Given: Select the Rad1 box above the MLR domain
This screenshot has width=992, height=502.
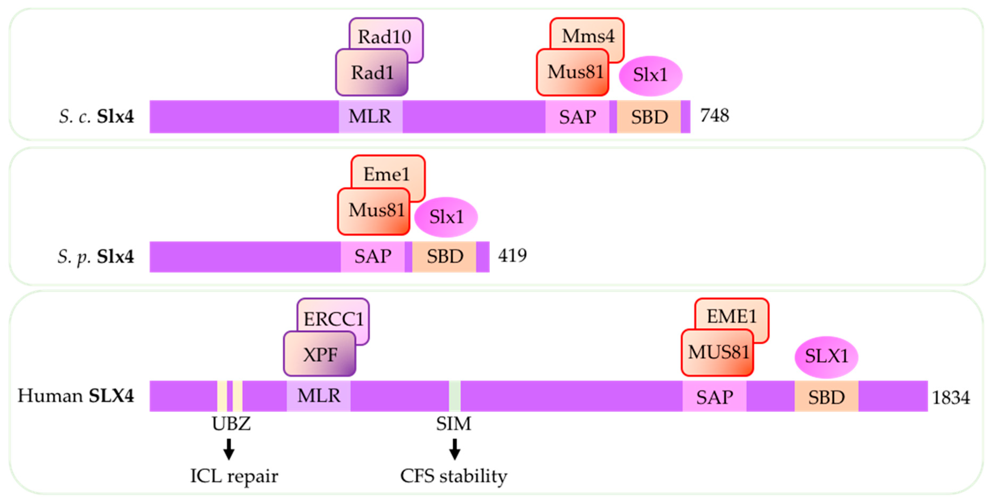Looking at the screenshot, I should [x=372, y=73].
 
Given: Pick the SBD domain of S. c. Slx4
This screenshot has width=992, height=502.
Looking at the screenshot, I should [x=649, y=117].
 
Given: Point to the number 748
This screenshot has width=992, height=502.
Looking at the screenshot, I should [x=714, y=116].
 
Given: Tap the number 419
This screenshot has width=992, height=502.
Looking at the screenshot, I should [x=512, y=256].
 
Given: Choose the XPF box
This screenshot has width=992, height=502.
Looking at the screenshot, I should [x=320, y=354].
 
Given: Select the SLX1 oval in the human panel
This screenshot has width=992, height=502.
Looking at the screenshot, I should [x=826, y=356].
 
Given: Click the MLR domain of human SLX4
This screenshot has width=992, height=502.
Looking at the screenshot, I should [x=319, y=396].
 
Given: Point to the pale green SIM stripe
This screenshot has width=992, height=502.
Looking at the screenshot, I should [x=454, y=396].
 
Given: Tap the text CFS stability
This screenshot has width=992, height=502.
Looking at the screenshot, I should [x=454, y=476].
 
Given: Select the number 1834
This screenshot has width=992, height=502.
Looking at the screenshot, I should [x=950, y=397].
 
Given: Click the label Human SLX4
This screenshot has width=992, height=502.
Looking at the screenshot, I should [x=76, y=396].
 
